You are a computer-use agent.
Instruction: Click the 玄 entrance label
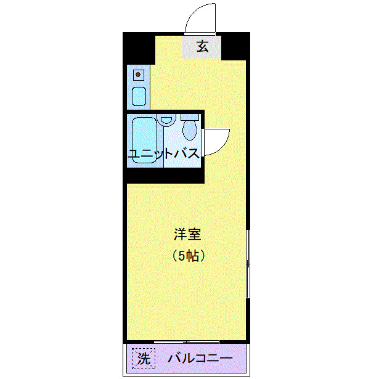pyautogui.click(x=202, y=46)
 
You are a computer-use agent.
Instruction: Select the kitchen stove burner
pyautogui.click(x=139, y=75)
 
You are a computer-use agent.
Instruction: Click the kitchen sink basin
pyautogui.click(x=139, y=96)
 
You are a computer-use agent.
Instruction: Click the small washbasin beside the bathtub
pyautogui.click(x=165, y=120)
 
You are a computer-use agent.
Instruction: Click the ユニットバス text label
pyautogui.click(x=164, y=154)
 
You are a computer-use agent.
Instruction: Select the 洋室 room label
pyautogui.click(x=187, y=235)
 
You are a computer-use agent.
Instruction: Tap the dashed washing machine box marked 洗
pyautogui.click(x=142, y=357)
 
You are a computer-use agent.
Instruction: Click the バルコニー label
pyautogui.click(x=200, y=358)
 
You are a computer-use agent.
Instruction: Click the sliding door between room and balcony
pyautogui.click(x=187, y=341)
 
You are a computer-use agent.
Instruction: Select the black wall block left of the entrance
pyautogui.click(x=139, y=47)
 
